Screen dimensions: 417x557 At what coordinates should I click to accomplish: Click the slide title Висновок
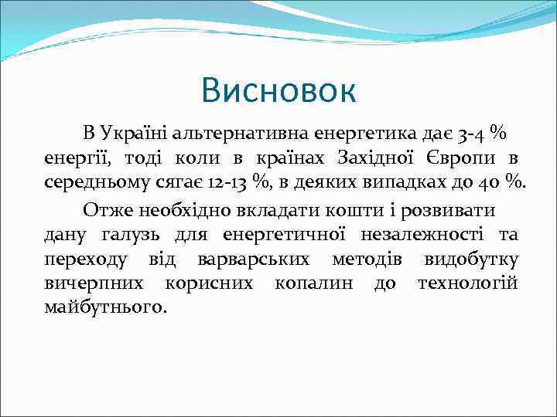[x=278, y=90]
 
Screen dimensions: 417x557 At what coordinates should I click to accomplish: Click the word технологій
[x=467, y=282]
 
